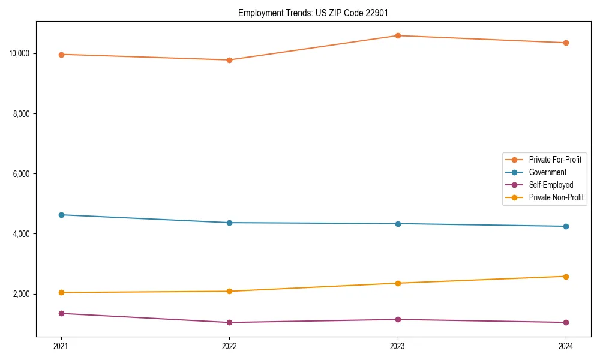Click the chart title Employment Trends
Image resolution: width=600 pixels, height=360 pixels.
pyautogui.click(x=313, y=13)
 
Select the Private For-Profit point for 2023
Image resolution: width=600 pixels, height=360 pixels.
pyautogui.click(x=398, y=35)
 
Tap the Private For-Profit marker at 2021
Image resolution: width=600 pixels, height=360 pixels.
pyautogui.click(x=61, y=55)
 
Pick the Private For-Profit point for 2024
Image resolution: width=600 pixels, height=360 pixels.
pyautogui.click(x=566, y=43)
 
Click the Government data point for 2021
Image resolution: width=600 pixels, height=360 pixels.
pyautogui.click(x=61, y=215)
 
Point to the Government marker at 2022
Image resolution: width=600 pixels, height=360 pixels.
pyautogui.click(x=229, y=223)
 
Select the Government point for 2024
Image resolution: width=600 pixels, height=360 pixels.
pyautogui.click(x=566, y=226)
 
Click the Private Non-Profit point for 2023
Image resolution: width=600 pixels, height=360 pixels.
pyautogui.click(x=398, y=283)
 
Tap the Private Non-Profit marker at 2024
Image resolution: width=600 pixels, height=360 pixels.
pyautogui.click(x=566, y=277)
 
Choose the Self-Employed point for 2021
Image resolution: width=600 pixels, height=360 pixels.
pyautogui.click(x=61, y=313)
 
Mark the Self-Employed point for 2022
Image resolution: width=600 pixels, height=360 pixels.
pyautogui.click(x=229, y=322)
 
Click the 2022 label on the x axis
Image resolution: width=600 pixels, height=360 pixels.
pyautogui.click(x=229, y=346)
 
